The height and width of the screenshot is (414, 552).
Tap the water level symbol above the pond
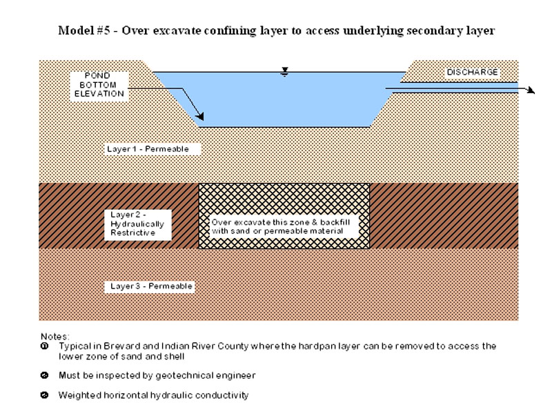284,71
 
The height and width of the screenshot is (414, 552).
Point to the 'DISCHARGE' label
472,72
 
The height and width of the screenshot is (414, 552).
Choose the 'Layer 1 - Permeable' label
147,149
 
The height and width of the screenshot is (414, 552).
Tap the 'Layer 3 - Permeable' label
148,286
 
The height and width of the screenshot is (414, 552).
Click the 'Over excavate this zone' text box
283,227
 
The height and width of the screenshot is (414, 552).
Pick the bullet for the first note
45,346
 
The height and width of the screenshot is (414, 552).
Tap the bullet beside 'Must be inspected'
45,375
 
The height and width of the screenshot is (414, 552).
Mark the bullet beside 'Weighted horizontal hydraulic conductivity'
45,395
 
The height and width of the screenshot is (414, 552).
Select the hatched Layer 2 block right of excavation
444,215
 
